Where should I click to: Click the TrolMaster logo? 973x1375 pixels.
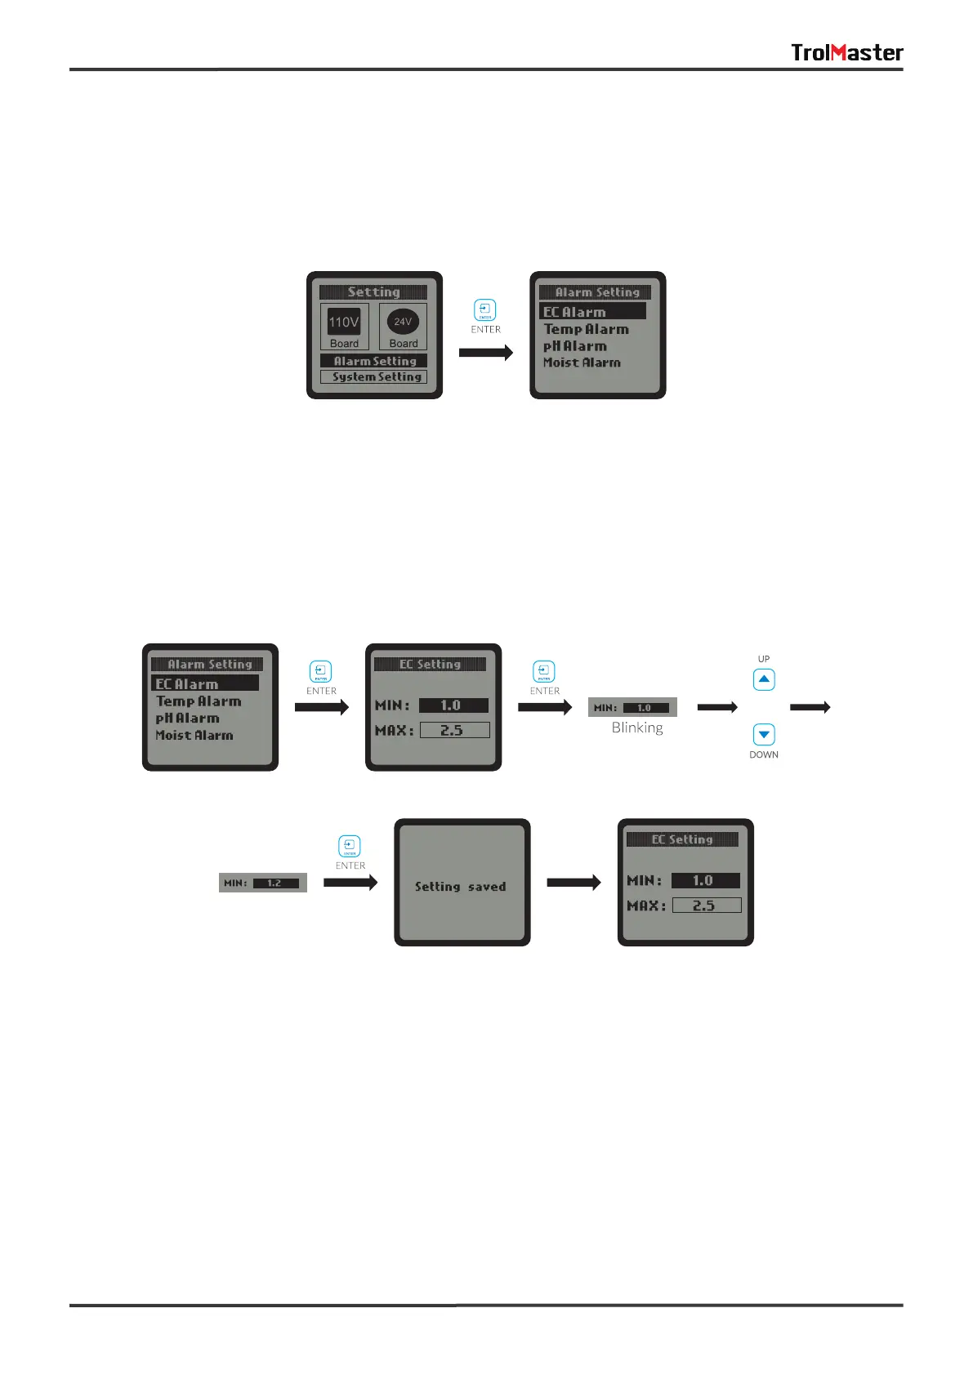click(x=846, y=53)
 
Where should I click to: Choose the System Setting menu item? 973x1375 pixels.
click(x=374, y=377)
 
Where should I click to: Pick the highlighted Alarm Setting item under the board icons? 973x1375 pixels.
click(x=374, y=361)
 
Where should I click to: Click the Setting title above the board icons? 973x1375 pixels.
click(x=373, y=292)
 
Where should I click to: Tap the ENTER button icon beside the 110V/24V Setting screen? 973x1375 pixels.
click(x=485, y=310)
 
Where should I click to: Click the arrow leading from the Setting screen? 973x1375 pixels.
click(x=485, y=353)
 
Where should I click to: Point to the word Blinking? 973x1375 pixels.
click(x=637, y=728)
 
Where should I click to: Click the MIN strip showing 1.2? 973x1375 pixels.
click(x=263, y=883)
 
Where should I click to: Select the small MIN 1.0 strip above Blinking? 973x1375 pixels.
click(x=632, y=707)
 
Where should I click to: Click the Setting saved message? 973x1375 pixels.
click(x=461, y=887)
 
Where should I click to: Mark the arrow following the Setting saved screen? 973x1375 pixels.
click(x=574, y=882)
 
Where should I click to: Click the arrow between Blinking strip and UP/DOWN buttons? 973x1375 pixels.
click(x=717, y=707)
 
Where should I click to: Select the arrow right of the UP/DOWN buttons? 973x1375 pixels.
click(x=810, y=707)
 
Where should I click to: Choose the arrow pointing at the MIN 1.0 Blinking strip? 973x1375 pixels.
click(x=545, y=707)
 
